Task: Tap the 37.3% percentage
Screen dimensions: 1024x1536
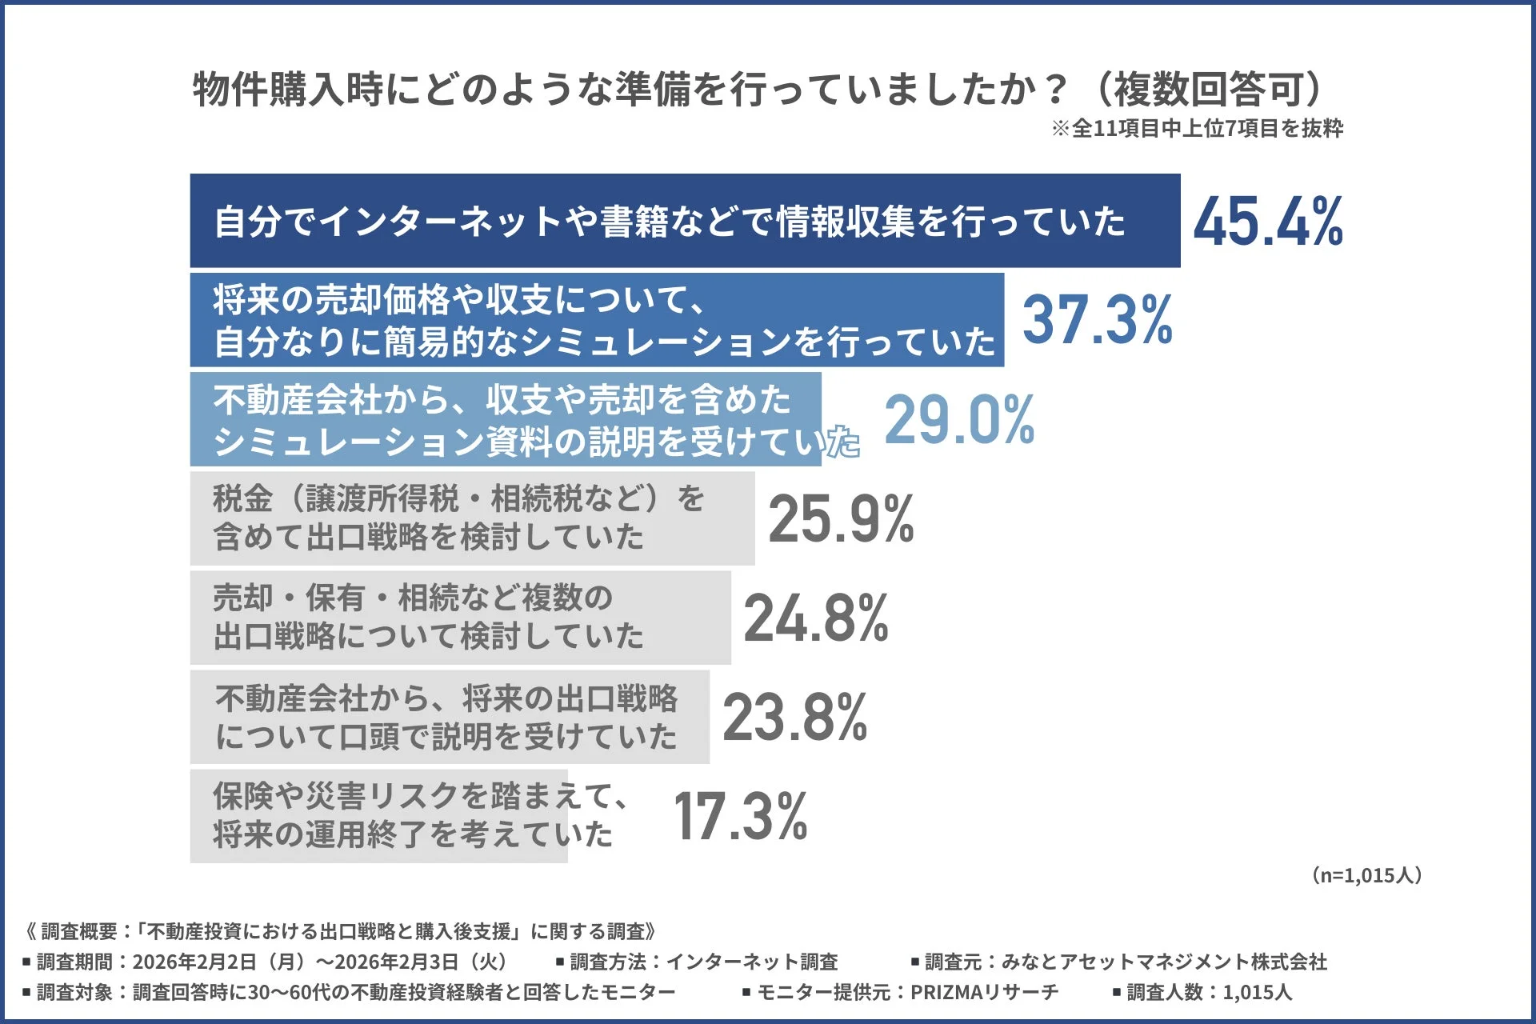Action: (x=1097, y=320)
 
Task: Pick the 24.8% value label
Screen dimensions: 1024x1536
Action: (x=816, y=618)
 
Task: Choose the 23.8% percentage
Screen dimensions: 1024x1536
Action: (x=794, y=718)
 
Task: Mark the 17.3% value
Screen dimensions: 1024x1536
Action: (x=740, y=817)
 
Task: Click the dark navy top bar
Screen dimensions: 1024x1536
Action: (x=684, y=221)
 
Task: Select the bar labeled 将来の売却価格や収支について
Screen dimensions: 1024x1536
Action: (x=596, y=320)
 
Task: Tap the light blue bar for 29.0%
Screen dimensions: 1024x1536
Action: (x=505, y=419)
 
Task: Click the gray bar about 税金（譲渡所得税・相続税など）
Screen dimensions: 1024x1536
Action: (x=472, y=518)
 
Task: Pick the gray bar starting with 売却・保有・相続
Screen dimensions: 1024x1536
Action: (x=460, y=618)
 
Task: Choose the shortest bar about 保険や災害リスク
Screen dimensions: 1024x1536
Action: (x=378, y=816)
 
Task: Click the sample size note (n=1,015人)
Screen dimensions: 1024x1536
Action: (x=1367, y=875)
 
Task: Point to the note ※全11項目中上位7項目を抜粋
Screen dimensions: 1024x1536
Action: (x=1197, y=129)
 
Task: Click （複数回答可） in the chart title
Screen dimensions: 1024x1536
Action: (x=1208, y=89)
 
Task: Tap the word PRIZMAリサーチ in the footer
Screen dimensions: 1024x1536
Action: (x=984, y=993)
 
